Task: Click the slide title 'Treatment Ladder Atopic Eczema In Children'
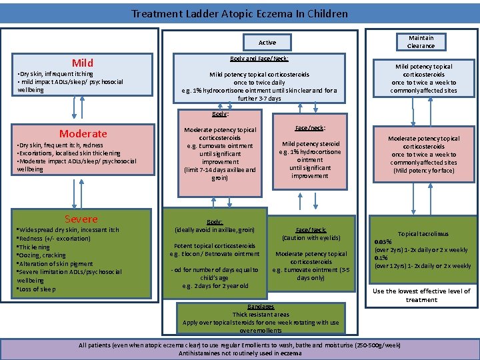click(239, 13)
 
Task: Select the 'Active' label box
click(267, 43)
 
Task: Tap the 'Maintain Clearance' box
click(421, 42)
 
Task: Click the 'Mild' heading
click(83, 63)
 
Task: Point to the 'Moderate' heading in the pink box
click(83, 133)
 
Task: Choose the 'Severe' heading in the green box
click(81, 219)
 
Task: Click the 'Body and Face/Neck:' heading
click(259, 59)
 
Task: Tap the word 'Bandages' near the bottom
click(261, 307)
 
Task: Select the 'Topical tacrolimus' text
click(423, 234)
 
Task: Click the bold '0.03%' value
click(383, 242)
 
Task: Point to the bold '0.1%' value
click(381, 258)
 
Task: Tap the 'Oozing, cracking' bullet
click(41, 255)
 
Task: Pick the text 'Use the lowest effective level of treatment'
click(421, 295)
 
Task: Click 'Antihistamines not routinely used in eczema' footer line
click(240, 353)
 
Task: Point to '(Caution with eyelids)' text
click(311, 238)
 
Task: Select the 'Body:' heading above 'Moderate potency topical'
click(220, 114)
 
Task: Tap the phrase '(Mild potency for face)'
click(424, 171)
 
